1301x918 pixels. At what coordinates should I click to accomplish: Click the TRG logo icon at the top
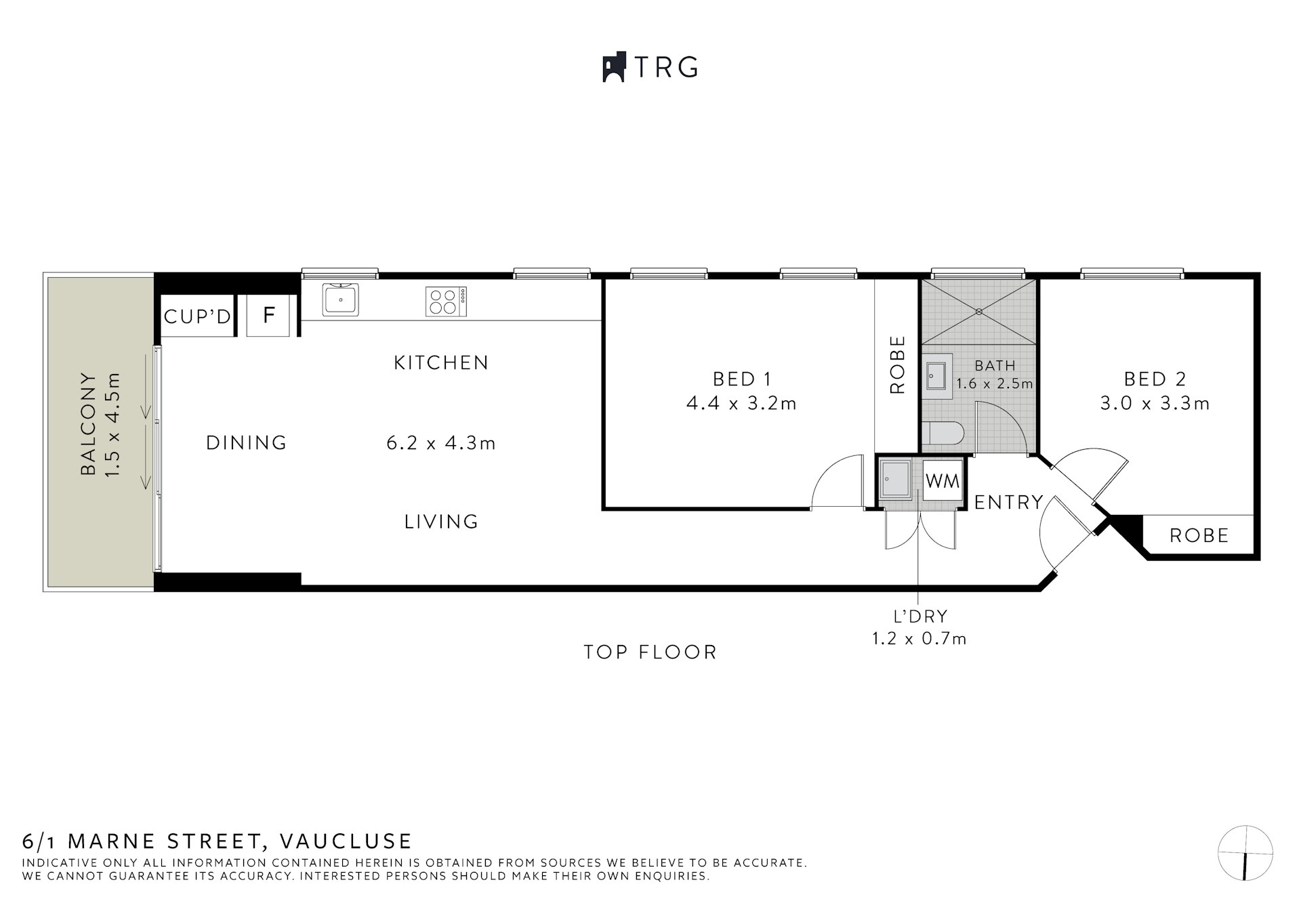(x=613, y=67)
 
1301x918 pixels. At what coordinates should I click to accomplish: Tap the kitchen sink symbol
(x=340, y=299)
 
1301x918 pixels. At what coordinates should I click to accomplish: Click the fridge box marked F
(x=270, y=315)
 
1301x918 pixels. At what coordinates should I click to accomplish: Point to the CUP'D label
(x=197, y=316)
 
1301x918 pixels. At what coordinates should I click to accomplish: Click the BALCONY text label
(x=88, y=423)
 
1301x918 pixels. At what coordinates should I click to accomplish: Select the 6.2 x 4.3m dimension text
(x=441, y=444)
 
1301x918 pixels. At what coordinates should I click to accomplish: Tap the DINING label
(x=247, y=443)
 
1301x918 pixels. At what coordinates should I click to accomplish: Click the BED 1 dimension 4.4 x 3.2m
(x=741, y=404)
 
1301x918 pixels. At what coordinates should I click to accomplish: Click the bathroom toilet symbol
(x=943, y=434)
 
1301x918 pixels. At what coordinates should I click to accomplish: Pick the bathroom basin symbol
(x=937, y=375)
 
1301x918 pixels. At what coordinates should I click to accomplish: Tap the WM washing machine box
(x=943, y=481)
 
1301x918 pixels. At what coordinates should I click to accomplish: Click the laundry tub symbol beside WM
(x=896, y=480)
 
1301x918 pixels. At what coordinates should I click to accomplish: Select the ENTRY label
(x=1008, y=502)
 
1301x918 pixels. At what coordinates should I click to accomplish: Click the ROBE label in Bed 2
(x=1199, y=536)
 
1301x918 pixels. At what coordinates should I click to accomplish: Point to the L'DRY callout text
(x=920, y=617)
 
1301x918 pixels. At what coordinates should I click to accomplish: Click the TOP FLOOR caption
(x=650, y=652)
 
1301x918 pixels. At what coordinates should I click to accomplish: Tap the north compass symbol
(x=1245, y=853)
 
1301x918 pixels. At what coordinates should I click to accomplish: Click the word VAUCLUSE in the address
(x=346, y=841)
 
